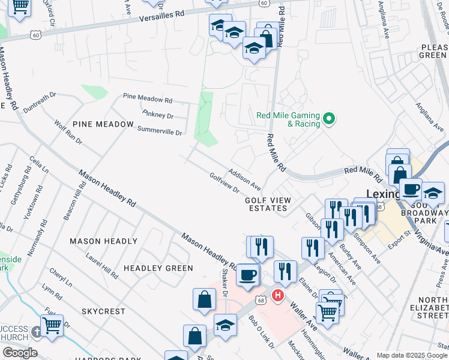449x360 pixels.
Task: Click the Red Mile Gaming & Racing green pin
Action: point(328,119)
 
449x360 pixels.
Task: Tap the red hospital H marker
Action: point(278,295)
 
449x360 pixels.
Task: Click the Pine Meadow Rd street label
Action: point(148,98)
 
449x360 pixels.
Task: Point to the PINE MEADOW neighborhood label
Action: point(103,124)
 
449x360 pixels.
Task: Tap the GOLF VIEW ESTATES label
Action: point(268,204)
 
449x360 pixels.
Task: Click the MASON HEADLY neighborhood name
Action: point(104,241)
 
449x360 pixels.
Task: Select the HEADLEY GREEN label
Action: point(158,268)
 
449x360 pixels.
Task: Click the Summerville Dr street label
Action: point(159,130)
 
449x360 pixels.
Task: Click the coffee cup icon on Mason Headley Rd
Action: point(247,275)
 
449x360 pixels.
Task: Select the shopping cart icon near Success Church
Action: point(52,325)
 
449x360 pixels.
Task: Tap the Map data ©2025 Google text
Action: point(412,355)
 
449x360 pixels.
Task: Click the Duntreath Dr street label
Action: point(40,101)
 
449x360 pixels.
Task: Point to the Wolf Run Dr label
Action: point(68,133)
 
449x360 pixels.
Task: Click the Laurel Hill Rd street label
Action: point(102,265)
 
